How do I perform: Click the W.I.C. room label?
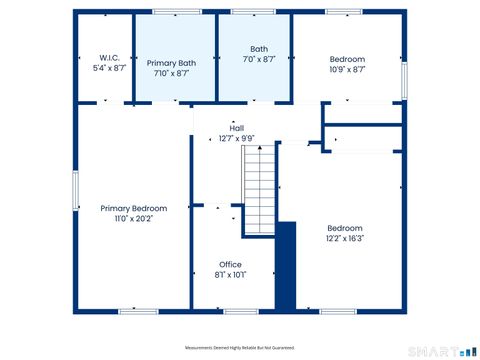click(x=110, y=58)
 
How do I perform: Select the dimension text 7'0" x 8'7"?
click(x=259, y=60)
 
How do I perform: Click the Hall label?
click(x=237, y=128)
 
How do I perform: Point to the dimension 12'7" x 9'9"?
click(x=237, y=138)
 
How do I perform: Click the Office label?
click(x=230, y=265)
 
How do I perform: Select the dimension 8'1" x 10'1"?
click(x=230, y=275)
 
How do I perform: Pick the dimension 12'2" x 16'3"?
click(x=345, y=238)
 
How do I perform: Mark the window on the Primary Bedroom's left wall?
click(x=75, y=191)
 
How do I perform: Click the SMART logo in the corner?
click(x=445, y=351)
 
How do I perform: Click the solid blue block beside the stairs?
click(x=286, y=266)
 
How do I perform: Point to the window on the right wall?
click(x=404, y=81)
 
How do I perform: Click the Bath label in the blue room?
click(x=259, y=49)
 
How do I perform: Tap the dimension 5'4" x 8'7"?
click(x=110, y=68)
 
